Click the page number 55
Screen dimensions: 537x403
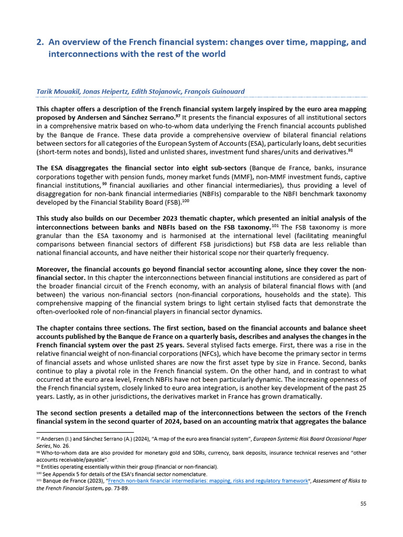click(363, 504)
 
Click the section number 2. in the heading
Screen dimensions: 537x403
click(40, 41)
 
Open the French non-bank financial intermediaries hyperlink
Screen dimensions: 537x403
click(203, 480)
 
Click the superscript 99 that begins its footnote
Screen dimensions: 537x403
click(38, 466)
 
